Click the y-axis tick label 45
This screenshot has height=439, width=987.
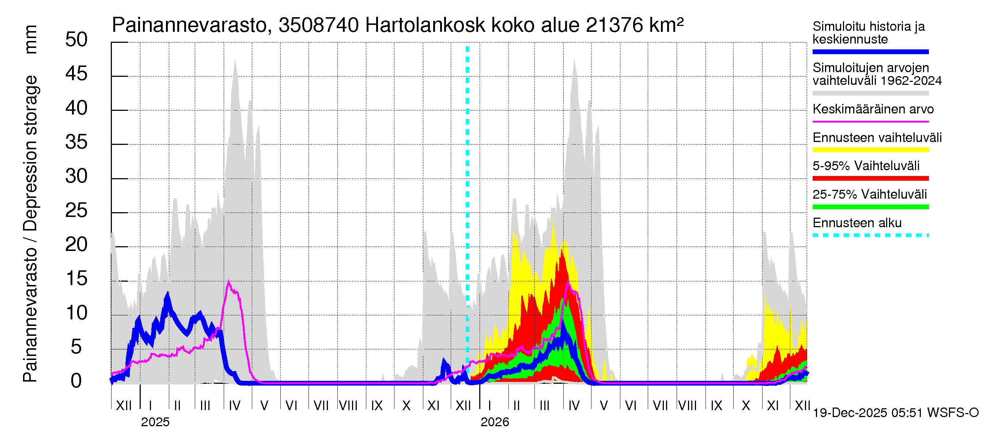pyautogui.click(x=76, y=74)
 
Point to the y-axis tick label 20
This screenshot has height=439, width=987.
pyautogui.click(x=76, y=244)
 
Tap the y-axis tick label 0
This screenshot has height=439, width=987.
pyautogui.click(x=76, y=381)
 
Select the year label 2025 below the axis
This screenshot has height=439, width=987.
pyautogui.click(x=155, y=422)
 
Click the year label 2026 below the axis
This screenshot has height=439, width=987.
pyautogui.click(x=495, y=422)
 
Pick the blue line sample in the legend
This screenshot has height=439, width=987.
pyautogui.click(x=870, y=52)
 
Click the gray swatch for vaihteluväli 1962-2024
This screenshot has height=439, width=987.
pyautogui.click(x=870, y=93)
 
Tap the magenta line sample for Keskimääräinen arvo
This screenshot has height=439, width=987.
pyautogui.click(x=870, y=121)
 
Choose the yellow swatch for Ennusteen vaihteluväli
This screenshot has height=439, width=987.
pyautogui.click(x=870, y=150)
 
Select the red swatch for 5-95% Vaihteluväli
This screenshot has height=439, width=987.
pyautogui.click(x=870, y=178)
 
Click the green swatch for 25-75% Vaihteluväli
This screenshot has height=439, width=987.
pyautogui.click(x=870, y=207)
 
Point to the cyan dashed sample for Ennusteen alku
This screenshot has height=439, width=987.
pyautogui.click(x=870, y=235)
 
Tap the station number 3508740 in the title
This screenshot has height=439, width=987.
pyautogui.click(x=319, y=26)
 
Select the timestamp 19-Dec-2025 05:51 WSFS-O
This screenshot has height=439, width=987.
pyautogui.click(x=895, y=413)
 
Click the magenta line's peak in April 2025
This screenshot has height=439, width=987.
pyautogui.click(x=229, y=282)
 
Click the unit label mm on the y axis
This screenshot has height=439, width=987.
pyautogui.click(x=31, y=40)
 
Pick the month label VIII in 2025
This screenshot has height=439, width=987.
pyautogui.click(x=348, y=405)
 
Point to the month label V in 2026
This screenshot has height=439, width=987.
pyautogui.click(x=604, y=405)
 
